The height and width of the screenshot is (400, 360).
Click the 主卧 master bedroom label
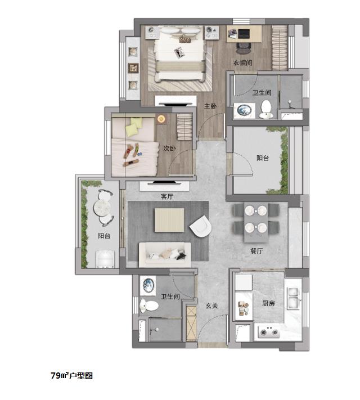click(x=210, y=106)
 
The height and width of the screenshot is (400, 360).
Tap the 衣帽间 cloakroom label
click(x=242, y=62)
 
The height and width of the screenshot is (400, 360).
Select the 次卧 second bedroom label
click(x=169, y=148)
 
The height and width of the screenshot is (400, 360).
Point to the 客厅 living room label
click(x=167, y=196)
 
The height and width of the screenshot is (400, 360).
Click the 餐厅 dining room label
click(x=256, y=251)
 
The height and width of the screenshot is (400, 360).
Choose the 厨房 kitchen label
click(x=268, y=303)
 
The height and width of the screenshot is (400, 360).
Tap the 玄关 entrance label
click(x=211, y=305)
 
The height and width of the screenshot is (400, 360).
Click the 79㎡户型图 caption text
click(x=71, y=375)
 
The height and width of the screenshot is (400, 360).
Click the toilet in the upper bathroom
click(x=266, y=110)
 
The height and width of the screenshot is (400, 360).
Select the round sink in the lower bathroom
click(x=148, y=285)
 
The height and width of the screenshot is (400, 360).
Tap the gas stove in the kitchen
click(x=269, y=332)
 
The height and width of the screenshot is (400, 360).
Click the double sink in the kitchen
click(x=294, y=298)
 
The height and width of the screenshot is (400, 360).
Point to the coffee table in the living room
click(x=169, y=220)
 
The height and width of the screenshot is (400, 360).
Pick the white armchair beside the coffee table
click(x=201, y=226)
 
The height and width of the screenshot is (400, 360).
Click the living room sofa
click(x=165, y=255)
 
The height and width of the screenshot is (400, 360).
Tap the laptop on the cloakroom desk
click(x=244, y=33)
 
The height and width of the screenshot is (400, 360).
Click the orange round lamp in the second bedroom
click(x=161, y=119)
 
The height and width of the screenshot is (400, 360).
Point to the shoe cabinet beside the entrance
click(x=191, y=323)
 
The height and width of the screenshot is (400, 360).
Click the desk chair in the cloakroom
click(x=244, y=48)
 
